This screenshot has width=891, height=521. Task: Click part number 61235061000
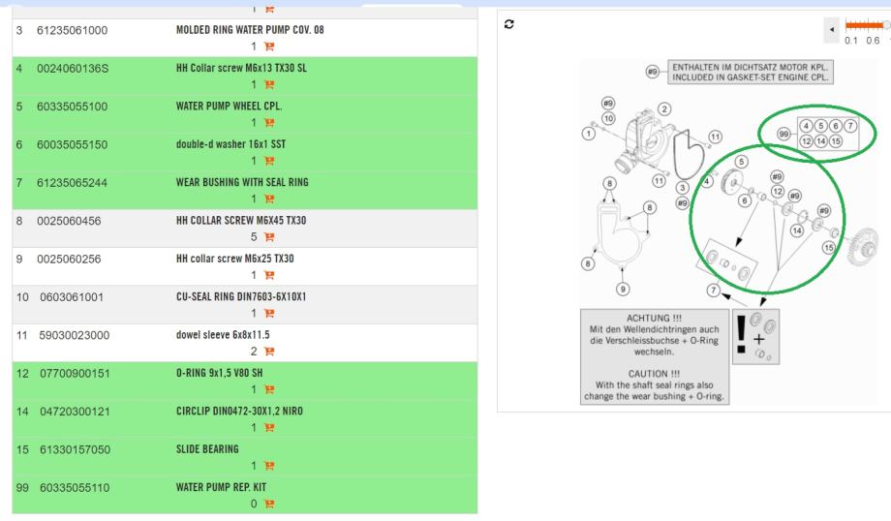(x=73, y=30)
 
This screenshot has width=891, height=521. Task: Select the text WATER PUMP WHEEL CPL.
(x=229, y=106)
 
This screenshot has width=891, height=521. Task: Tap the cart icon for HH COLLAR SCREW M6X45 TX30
(x=269, y=236)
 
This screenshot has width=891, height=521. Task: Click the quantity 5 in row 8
(x=254, y=236)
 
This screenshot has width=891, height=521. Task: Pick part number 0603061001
(x=72, y=297)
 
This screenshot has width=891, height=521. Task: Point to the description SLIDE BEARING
(x=207, y=448)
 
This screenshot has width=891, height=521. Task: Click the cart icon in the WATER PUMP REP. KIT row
(x=269, y=504)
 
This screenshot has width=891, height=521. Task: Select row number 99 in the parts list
(x=22, y=487)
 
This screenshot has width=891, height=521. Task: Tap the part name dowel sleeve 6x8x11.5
(x=223, y=335)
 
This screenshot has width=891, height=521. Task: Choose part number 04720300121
(x=75, y=412)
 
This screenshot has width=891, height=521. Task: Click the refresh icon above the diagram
(x=509, y=24)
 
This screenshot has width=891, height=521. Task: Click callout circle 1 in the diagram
(x=589, y=134)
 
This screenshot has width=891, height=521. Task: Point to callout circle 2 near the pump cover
(x=664, y=109)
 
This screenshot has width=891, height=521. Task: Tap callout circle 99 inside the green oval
(x=784, y=134)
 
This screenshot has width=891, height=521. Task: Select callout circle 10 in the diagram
(x=608, y=118)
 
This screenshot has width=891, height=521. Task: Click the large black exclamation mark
(x=741, y=335)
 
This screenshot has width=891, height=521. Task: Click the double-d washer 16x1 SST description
(x=230, y=144)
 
